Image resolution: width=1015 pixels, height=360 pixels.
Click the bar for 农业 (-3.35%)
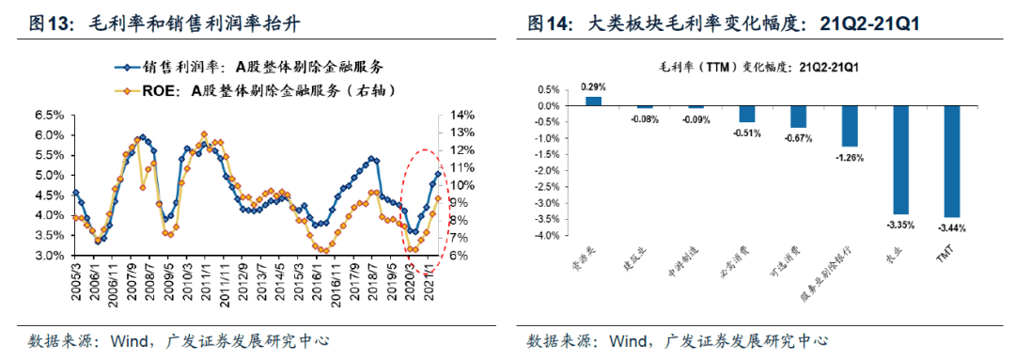click(x=900, y=160)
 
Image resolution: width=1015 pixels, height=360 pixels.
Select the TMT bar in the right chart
click(x=951, y=161)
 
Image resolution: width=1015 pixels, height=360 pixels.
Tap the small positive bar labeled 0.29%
click(x=593, y=101)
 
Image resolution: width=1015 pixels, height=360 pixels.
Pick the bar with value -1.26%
click(x=850, y=126)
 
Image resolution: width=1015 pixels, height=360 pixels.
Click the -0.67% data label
click(x=798, y=138)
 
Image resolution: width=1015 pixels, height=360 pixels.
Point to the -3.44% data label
click(x=951, y=227)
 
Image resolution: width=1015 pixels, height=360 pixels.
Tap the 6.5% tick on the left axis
click(x=50, y=116)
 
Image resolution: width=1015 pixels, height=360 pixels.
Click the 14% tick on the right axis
click(x=462, y=116)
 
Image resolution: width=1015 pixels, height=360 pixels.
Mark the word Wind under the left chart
click(x=129, y=339)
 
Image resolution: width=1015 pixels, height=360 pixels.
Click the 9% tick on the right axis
click(x=459, y=203)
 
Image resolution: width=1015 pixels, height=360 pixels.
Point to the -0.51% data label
click(x=747, y=133)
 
